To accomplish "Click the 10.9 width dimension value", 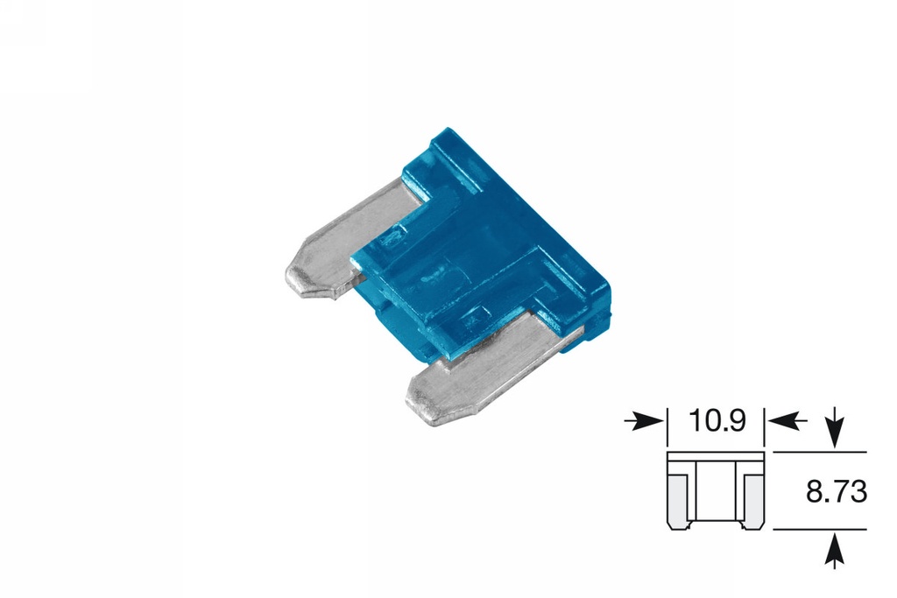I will pos(717,421).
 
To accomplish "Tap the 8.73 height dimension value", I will pos(837,492).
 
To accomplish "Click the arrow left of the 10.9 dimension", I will pos(644,421).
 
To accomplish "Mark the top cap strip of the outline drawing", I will pos(716,458).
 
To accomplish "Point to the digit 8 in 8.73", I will pos(814,492).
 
